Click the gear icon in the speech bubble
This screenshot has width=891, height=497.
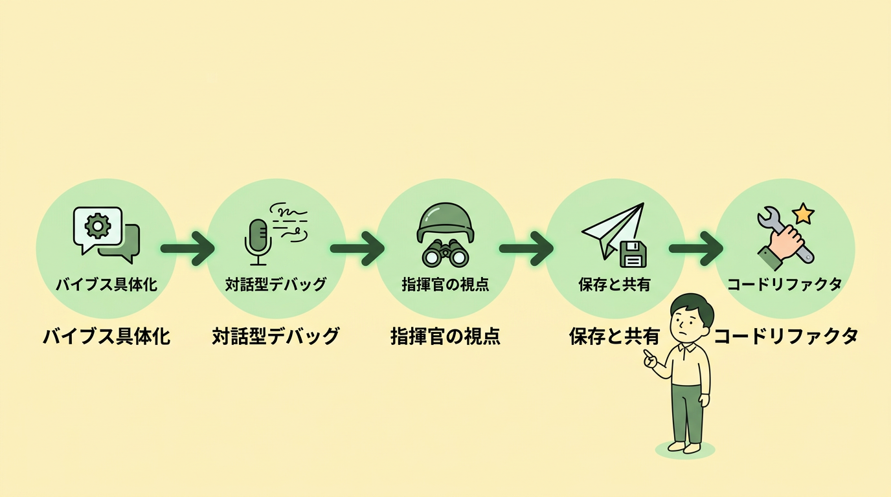tap(98, 226)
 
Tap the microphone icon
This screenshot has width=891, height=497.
tap(258, 240)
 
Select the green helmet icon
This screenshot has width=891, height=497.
tap(445, 223)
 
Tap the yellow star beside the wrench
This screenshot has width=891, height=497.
tap(803, 213)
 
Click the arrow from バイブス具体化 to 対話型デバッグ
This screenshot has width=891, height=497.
tap(188, 248)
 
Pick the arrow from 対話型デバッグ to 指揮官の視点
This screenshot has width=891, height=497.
tap(357, 248)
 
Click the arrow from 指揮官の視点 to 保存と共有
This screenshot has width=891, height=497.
tap(526, 248)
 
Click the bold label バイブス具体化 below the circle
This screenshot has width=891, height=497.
tap(107, 337)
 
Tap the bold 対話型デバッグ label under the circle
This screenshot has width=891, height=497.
tap(276, 337)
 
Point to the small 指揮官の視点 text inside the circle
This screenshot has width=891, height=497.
tap(445, 285)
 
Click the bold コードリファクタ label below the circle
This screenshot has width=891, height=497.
tap(785, 337)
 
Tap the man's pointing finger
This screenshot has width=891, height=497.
tap(647, 354)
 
